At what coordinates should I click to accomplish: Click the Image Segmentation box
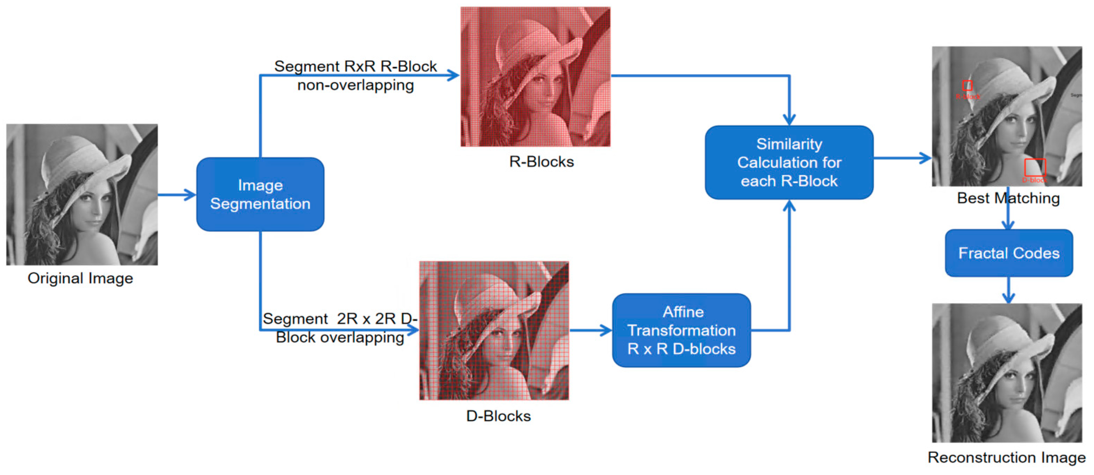260,194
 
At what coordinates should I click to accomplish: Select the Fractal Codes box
1009,253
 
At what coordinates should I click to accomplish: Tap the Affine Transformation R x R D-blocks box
681,330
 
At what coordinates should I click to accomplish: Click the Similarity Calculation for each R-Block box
789,162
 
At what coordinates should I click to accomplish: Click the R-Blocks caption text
541,162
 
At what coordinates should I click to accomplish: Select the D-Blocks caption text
498,416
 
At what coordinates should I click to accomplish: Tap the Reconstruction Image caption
1006,458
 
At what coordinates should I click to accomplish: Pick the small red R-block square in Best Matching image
967,86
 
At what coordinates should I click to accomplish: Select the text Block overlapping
340,338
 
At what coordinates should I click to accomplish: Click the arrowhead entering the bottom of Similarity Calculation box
789,206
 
